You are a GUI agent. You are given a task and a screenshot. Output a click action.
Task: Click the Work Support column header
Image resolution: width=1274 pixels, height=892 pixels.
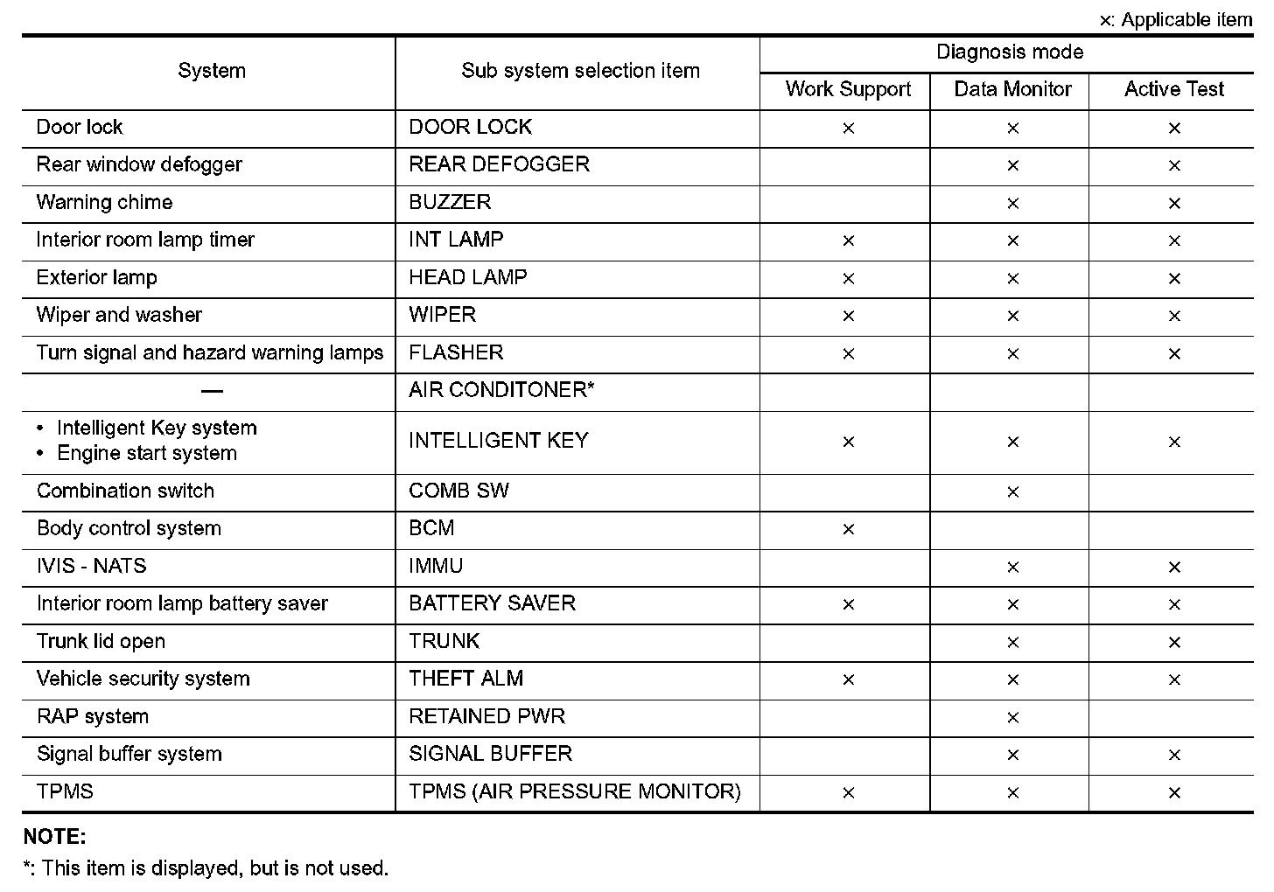[848, 89]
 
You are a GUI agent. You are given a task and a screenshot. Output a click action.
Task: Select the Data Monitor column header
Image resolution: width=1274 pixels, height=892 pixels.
[1012, 89]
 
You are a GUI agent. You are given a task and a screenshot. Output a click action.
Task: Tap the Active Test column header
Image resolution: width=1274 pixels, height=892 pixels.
[1173, 89]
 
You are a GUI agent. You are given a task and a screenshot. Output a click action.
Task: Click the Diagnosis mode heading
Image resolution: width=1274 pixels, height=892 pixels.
[1009, 52]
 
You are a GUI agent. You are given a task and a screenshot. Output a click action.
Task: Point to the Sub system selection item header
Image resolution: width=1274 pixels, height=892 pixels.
[580, 71]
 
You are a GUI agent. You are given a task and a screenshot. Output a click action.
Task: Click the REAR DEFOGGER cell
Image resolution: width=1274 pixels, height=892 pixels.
[499, 164]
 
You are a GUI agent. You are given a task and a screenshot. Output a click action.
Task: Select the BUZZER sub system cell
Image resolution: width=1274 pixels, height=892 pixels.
[450, 202]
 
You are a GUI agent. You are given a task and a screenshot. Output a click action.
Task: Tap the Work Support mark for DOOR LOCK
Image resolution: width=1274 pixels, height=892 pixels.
[848, 129]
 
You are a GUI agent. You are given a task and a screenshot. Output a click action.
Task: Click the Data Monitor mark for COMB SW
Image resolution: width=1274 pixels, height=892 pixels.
[1012, 492]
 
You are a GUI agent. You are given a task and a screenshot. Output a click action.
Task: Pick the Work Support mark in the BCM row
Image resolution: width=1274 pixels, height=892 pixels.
[848, 530]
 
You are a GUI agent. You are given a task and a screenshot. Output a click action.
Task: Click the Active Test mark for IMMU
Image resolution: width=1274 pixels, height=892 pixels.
[1174, 568]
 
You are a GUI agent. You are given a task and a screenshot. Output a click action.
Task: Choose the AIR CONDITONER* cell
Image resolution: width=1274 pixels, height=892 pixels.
[501, 390]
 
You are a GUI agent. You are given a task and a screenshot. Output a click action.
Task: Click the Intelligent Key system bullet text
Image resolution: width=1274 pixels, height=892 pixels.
[157, 428]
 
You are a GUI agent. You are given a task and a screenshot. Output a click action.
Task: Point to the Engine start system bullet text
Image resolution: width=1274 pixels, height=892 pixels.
[147, 453]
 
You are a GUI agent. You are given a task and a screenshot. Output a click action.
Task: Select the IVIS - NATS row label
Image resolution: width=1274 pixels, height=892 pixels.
[92, 566]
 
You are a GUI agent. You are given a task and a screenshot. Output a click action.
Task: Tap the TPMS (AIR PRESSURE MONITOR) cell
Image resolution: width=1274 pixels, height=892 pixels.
[574, 791]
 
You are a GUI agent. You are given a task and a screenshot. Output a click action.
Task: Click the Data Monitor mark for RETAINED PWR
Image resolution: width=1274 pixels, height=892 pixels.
[1012, 718]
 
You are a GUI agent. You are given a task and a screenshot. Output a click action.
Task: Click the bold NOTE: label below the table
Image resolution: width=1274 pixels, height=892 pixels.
[54, 837]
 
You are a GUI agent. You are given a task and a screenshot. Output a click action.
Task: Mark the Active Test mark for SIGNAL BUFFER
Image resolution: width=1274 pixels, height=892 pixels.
[1174, 756]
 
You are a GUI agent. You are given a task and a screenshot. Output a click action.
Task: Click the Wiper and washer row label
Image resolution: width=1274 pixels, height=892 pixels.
[119, 315]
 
